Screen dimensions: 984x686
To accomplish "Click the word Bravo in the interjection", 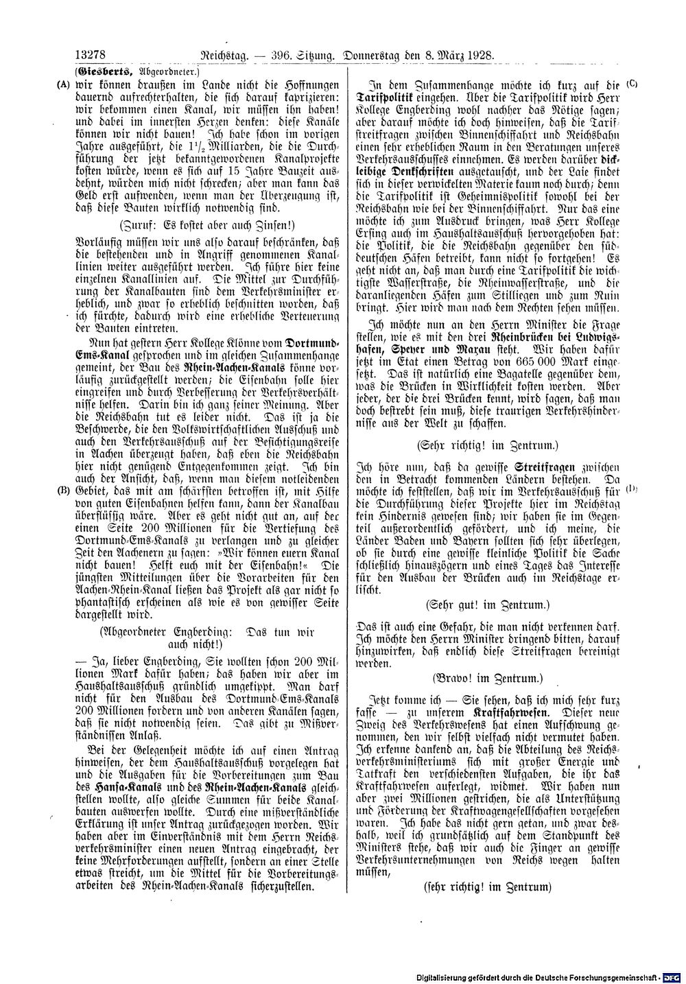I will [x=454, y=677].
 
